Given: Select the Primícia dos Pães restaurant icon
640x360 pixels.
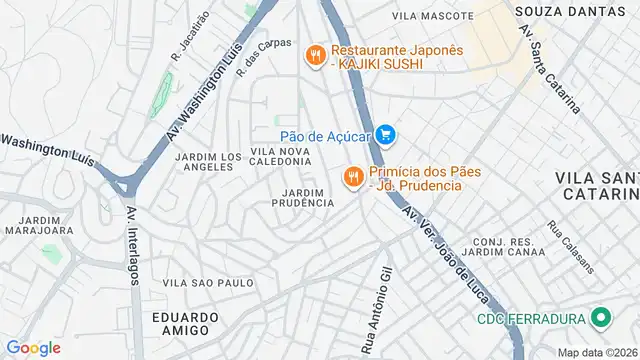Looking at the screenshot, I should pyautogui.click(x=352, y=178).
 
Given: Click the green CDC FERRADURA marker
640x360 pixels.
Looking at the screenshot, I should pyautogui.click(x=601, y=319).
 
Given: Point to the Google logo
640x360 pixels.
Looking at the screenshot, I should pyautogui.click(x=33, y=348).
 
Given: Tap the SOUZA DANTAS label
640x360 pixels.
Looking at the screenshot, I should pyautogui.click(x=555, y=10).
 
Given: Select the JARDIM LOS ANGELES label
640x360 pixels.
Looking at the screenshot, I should pyautogui.click(x=208, y=162).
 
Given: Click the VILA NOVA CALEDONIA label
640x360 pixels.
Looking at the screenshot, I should pyautogui.click(x=281, y=156).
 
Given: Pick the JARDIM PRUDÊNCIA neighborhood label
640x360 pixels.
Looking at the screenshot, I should pyautogui.click(x=302, y=197).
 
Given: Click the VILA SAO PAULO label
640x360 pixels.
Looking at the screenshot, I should pyautogui.click(x=208, y=283).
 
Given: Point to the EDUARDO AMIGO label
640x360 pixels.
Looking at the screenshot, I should pyautogui.click(x=185, y=323).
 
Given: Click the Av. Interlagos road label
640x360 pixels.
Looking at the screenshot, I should pyautogui.click(x=133, y=244).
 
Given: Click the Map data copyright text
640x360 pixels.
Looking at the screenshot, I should pyautogui.click(x=597, y=352).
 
